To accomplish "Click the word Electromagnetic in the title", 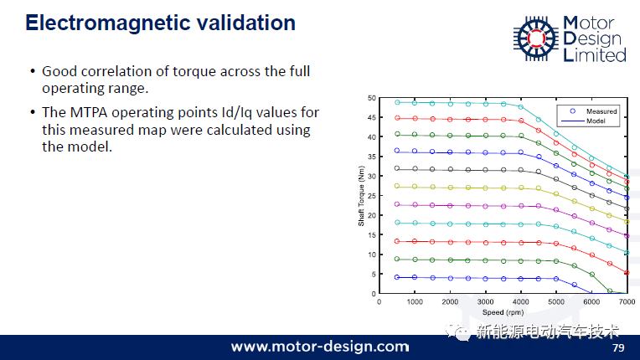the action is (108, 23).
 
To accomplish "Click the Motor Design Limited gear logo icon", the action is (536, 39).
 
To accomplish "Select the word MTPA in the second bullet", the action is (89, 112).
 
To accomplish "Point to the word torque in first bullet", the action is (194, 72).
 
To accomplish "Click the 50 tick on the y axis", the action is (371, 98).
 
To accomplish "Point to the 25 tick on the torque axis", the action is (371, 196).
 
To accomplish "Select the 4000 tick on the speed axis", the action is (521, 301).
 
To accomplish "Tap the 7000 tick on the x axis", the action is (627, 301).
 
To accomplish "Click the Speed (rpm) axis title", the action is (503, 312).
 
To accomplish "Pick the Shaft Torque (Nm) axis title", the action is (361, 196).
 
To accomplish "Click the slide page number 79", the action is (618, 347).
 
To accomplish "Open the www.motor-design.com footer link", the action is (320, 347).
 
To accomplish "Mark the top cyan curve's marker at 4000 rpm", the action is (521, 107).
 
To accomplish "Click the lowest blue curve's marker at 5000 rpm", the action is (556, 279).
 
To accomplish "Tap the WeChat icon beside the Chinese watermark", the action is (458, 331).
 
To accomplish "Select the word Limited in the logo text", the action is (595, 55).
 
